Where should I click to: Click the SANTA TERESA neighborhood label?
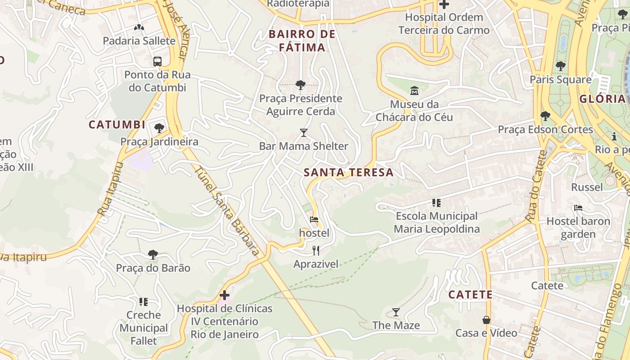click(x=349, y=172)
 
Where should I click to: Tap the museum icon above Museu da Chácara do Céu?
click(x=414, y=91)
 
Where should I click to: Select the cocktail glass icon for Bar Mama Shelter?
click(x=304, y=133)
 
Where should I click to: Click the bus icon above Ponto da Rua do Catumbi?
click(x=157, y=62)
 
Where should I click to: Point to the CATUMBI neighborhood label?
click(x=117, y=125)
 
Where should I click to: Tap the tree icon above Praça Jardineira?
click(x=159, y=128)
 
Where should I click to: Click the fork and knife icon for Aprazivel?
click(x=316, y=251)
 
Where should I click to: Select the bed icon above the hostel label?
click(x=314, y=220)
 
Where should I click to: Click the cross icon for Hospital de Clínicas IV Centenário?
click(x=224, y=296)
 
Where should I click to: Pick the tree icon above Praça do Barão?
click(x=153, y=255)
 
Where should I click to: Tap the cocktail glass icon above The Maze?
click(x=396, y=312)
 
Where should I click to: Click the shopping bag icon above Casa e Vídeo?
click(x=486, y=320)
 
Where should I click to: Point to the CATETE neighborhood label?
click(x=470, y=295)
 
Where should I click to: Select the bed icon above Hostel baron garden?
click(x=578, y=208)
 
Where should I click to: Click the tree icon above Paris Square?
click(x=560, y=66)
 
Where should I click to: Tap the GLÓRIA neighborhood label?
click(x=603, y=99)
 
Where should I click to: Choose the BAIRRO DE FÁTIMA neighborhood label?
click(x=302, y=40)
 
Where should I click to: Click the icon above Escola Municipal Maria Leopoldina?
click(x=436, y=203)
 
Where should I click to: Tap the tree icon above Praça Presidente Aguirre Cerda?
click(x=300, y=85)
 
